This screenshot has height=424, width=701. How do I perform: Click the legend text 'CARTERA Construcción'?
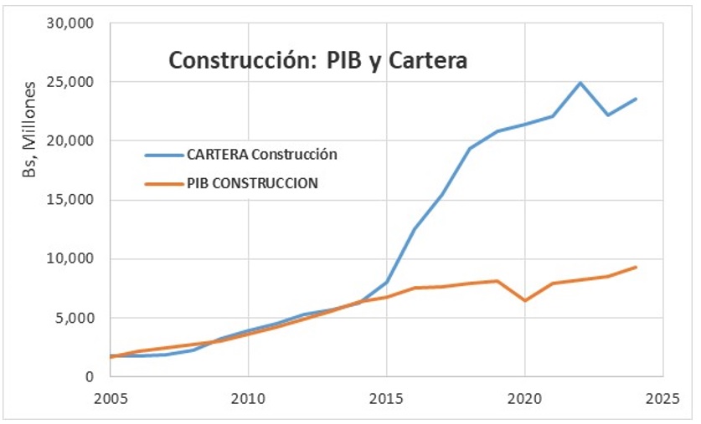(262, 154)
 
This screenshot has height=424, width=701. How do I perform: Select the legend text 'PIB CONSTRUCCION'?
(251, 183)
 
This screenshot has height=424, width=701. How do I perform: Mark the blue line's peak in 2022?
(580, 83)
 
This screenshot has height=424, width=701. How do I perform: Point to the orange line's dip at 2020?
(525, 300)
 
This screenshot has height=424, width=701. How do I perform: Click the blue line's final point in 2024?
(636, 99)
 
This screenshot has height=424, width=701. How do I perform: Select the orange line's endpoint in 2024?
(636, 267)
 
